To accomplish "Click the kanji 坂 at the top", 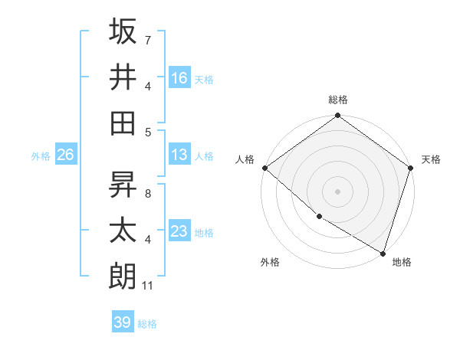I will coord(123,32).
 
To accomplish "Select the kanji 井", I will coord(123,77).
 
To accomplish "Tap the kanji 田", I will coord(123,123).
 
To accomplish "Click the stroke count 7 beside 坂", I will coord(147,39).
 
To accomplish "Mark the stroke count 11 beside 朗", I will coord(149,286).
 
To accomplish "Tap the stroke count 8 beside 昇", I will coord(147,194).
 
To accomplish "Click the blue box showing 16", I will coord(179,78).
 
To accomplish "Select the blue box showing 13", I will coord(179,155).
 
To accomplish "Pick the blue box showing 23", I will coord(179,231).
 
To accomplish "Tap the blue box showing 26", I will coord(65,155).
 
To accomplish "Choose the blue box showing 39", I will coord(122,322).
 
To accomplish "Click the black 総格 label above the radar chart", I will coord(338,100).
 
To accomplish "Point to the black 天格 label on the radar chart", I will coord(431,159).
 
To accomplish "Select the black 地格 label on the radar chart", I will coord(402,262).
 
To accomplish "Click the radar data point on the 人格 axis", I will coord(264,168).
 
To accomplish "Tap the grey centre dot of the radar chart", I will coord(338,191).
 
